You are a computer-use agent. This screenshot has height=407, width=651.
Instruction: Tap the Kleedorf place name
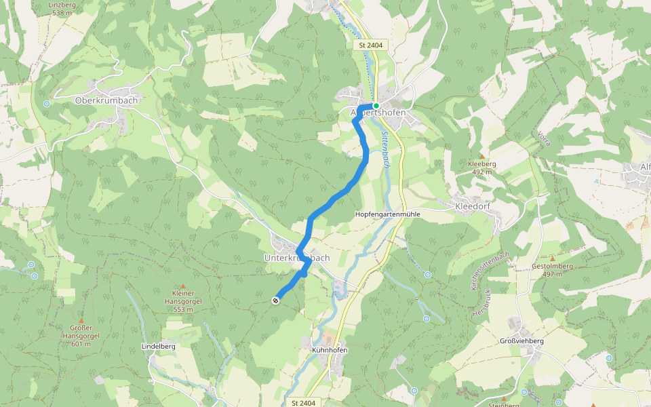click(x=473, y=204)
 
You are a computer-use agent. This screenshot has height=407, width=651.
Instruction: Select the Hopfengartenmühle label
click(x=388, y=214)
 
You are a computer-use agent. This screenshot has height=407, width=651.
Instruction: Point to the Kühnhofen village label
click(x=330, y=350)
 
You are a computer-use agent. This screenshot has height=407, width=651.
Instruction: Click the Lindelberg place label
click(x=158, y=346)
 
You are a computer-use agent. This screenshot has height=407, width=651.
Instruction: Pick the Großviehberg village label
click(x=521, y=341)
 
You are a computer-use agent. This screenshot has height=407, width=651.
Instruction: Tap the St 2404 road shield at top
click(x=369, y=45)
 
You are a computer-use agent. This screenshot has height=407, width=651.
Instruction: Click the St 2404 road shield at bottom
click(x=304, y=403)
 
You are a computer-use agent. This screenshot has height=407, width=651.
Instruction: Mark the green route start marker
click(x=376, y=106)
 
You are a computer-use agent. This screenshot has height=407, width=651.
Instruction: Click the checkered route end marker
click(x=276, y=301)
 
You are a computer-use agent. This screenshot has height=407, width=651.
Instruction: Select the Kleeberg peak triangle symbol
click(x=482, y=156)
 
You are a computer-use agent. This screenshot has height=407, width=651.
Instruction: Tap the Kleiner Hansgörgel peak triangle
click(x=182, y=286)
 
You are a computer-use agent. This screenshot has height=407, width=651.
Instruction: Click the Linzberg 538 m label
click(x=61, y=8)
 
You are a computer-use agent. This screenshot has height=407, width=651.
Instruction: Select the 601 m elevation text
click(x=81, y=344)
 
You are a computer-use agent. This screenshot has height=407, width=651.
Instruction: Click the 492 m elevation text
click(x=482, y=172)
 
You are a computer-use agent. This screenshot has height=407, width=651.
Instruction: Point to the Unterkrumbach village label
click(x=296, y=258)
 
